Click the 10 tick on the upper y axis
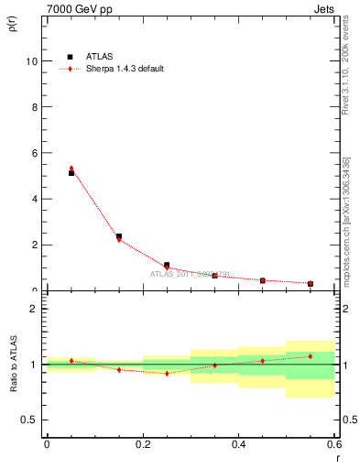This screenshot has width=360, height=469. coord(32,61)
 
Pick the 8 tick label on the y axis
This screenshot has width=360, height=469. coord(34,107)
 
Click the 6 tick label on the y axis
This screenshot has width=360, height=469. coord(34,153)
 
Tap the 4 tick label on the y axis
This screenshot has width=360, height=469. coord(34,199)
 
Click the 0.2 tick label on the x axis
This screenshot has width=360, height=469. coord(142,444)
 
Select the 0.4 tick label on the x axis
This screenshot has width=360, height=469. coord(238,444)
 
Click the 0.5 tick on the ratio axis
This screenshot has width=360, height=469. coord(29,420)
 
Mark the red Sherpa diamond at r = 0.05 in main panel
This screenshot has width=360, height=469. coord(71,169)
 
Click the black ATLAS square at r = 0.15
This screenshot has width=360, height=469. coord(119,236)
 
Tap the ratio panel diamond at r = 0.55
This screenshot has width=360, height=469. coord(311,356)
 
